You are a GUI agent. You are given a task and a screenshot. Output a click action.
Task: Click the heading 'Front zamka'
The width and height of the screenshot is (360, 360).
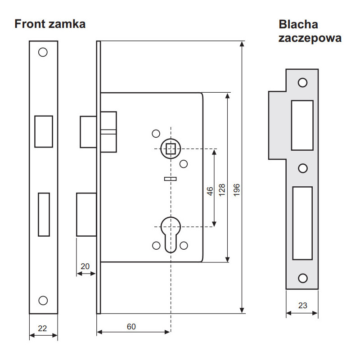tap(50, 24)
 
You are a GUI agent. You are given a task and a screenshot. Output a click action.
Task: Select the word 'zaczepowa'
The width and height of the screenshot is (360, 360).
tap(310, 38)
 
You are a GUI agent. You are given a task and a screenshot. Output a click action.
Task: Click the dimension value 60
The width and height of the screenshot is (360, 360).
tap(131, 327)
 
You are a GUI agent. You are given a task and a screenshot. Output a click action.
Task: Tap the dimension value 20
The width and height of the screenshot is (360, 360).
tap(85, 266)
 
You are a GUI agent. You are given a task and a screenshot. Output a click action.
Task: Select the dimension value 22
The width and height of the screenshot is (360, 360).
tap(42, 328)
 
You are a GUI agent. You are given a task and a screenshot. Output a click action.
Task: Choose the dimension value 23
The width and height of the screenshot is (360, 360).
tap(303, 306)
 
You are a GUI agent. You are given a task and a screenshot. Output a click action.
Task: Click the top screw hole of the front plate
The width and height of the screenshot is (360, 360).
tap(43, 52)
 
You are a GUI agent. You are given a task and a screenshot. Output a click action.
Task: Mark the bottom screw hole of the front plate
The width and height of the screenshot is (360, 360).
tap(43, 300)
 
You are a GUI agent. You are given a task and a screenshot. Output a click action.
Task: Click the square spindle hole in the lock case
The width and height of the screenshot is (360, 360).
tap(171, 148)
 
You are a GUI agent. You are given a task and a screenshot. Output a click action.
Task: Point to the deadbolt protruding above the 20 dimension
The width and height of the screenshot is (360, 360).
tap(86, 215)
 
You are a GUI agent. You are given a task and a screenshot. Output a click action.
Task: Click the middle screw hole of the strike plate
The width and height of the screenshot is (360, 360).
tap(303, 168)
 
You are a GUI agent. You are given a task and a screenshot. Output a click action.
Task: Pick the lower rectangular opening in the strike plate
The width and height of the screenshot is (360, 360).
tap(302, 223)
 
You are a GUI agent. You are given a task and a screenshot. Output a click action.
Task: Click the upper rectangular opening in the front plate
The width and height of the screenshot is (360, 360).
tap(44, 131)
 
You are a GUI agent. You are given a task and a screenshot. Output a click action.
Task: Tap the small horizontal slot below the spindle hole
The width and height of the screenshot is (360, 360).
tap(170, 179)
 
